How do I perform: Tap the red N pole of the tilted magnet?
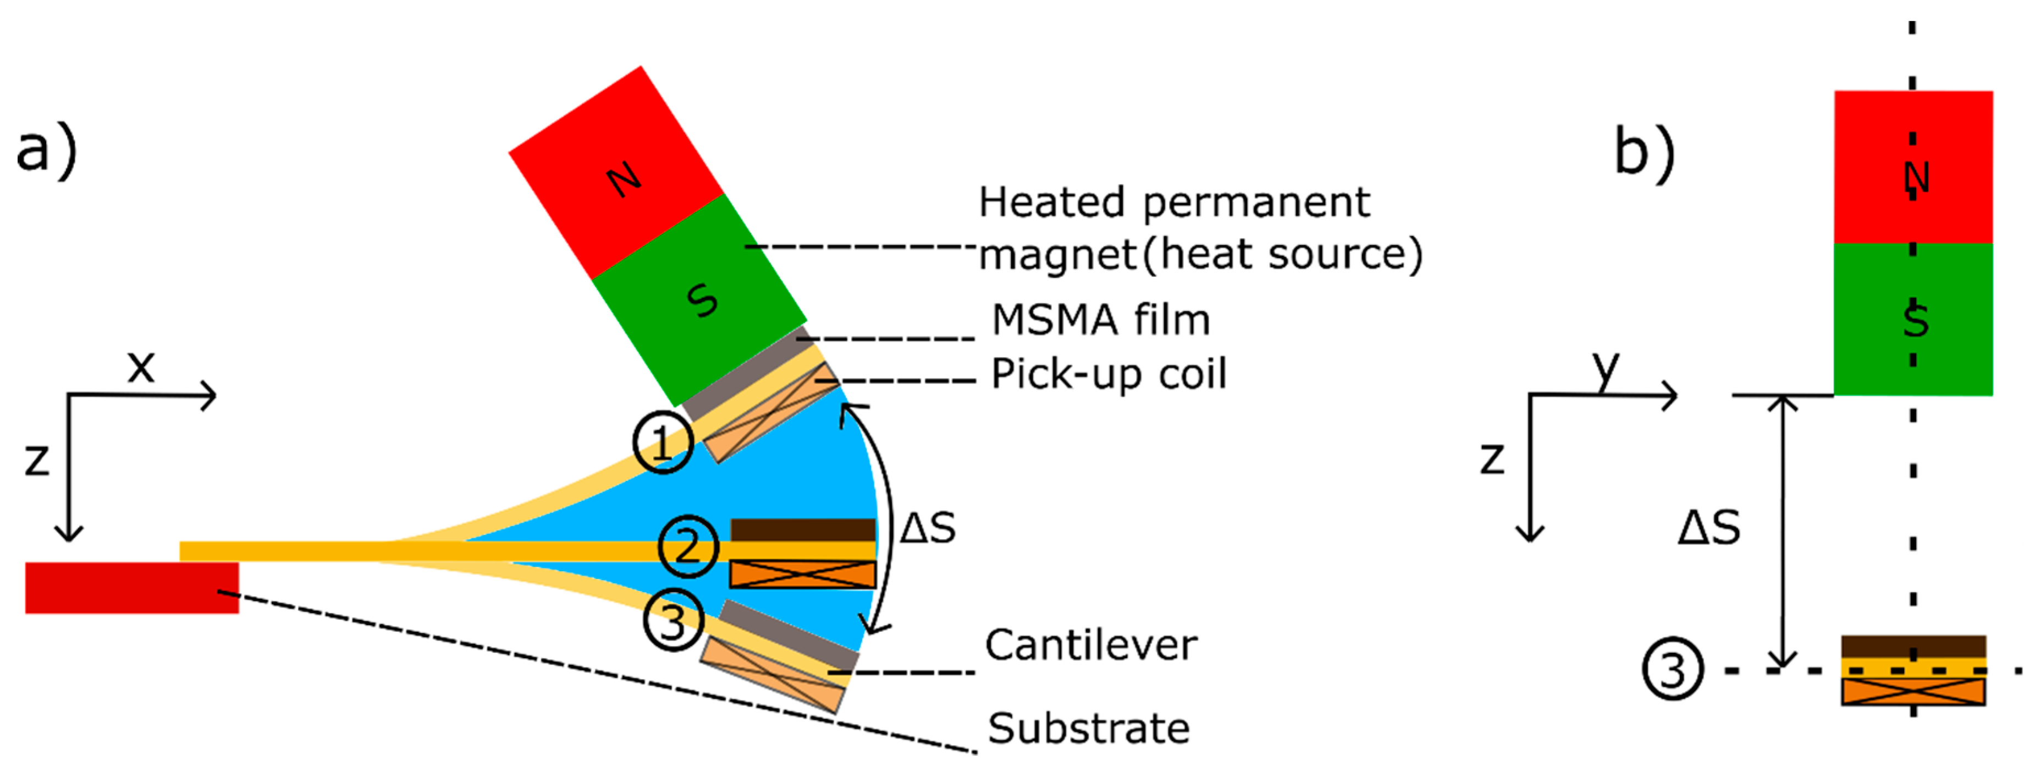point(616,173)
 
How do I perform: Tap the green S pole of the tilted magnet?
point(699,299)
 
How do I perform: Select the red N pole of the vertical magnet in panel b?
point(1914,167)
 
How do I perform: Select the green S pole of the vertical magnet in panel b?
point(1914,319)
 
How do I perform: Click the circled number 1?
point(663,443)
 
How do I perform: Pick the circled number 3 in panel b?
point(1672,670)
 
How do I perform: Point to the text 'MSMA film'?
point(1101,320)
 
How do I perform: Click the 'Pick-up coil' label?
point(1109,374)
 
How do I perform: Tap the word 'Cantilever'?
point(1090,645)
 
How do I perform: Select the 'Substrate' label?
point(1088,728)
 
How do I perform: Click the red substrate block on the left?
point(131,588)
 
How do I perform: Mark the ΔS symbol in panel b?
point(1709,528)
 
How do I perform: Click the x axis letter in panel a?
point(141,367)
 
